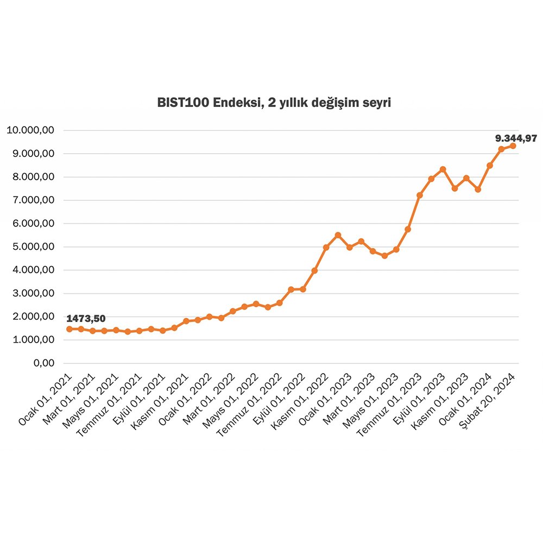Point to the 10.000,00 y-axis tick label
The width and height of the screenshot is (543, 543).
pyautogui.click(x=30, y=130)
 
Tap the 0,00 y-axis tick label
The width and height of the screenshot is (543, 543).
pyautogui.click(x=43, y=363)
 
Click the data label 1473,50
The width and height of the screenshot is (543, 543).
pyautogui.click(x=86, y=318)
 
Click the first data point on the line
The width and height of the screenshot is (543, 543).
pyautogui.click(x=69, y=329)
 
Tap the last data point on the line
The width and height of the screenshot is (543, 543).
pyautogui.click(x=513, y=146)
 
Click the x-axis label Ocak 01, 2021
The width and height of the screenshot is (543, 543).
pyautogui.click(x=46, y=399)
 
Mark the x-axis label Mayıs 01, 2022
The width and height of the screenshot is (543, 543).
pyautogui.click(x=233, y=399)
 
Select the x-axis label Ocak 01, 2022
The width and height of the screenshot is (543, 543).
pyautogui.click(x=186, y=399)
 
